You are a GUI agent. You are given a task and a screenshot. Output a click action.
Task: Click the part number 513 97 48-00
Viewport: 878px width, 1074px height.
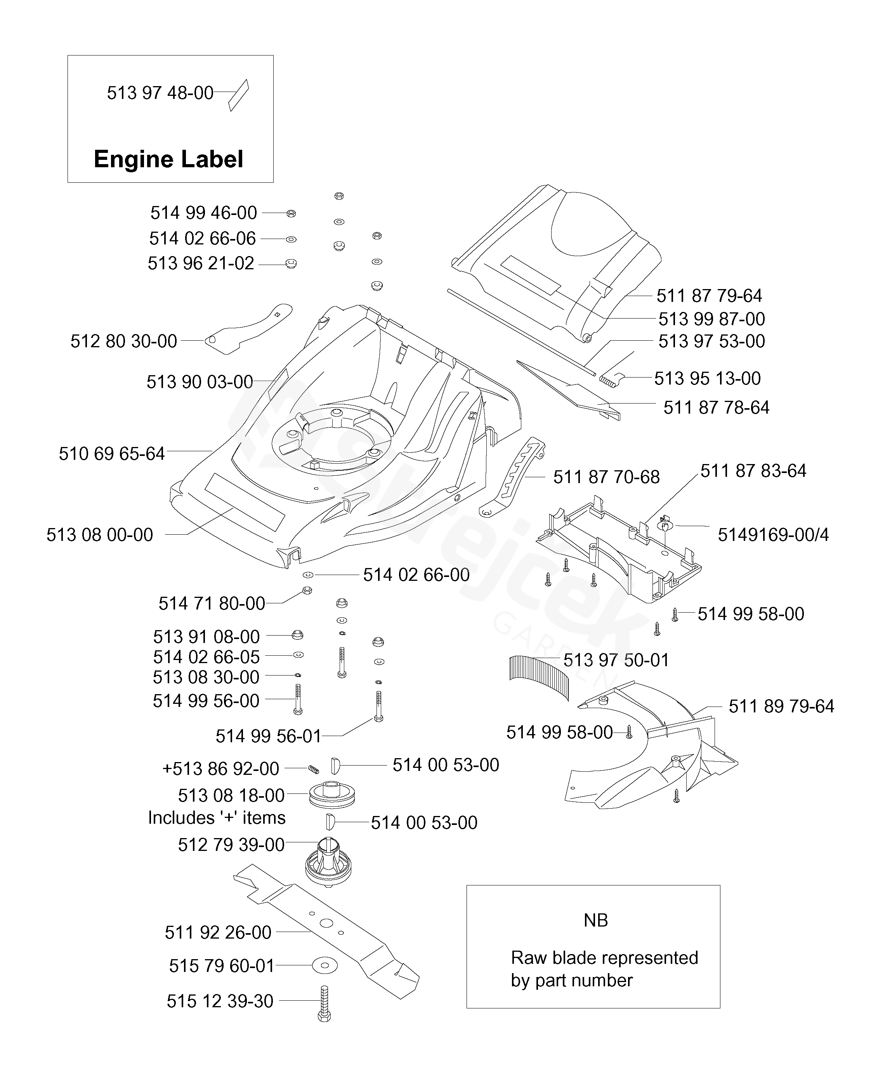click(x=160, y=93)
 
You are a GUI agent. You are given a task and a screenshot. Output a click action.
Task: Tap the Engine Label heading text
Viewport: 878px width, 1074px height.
click(x=168, y=159)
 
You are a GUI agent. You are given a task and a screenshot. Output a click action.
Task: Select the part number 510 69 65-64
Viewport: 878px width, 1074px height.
click(x=112, y=454)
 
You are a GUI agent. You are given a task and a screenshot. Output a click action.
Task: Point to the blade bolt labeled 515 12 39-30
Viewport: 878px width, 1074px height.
click(x=324, y=1003)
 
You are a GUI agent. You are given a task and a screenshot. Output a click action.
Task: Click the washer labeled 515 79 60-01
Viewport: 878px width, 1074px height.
click(x=325, y=965)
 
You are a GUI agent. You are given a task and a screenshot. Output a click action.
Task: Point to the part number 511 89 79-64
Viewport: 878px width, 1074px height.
click(x=781, y=706)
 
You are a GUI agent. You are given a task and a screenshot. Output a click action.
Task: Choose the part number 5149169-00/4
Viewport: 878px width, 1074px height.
click(x=773, y=534)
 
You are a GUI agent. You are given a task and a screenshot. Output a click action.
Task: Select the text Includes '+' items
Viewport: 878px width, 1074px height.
click(x=217, y=818)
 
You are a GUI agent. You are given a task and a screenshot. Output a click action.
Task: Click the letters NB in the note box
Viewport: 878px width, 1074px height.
click(x=595, y=920)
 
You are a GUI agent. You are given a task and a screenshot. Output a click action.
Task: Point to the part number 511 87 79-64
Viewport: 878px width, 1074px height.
click(x=709, y=295)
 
